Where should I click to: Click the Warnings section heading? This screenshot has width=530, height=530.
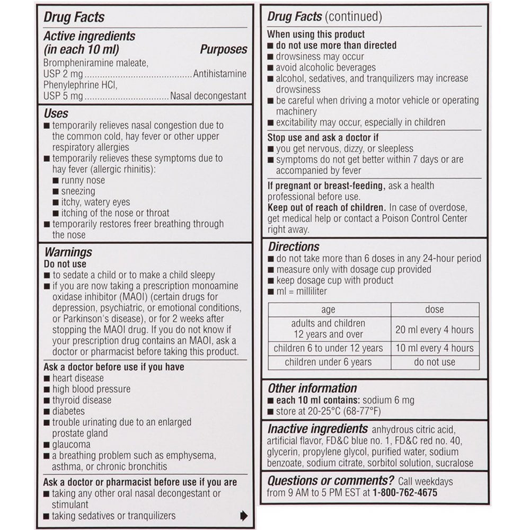[68, 252]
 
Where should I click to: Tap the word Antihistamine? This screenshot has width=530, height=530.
[220, 74]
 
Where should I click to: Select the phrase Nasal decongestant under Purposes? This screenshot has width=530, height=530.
[208, 96]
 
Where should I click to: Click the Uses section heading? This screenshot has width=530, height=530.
[56, 113]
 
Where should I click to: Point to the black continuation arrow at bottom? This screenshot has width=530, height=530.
[244, 515]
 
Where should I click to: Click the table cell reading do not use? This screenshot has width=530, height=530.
[435, 362]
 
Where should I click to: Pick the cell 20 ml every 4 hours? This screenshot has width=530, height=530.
[435, 330]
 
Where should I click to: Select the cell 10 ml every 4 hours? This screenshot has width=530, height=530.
[435, 348]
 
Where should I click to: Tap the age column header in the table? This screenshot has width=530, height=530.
[329, 310]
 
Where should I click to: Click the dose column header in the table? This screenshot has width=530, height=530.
[435, 309]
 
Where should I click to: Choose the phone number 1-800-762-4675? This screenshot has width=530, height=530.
[405, 492]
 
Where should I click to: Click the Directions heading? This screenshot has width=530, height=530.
[294, 247]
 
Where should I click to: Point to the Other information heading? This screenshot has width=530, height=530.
[312, 388]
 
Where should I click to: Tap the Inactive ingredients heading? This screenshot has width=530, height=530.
[317, 429]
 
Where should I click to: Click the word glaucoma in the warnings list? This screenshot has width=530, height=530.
[71, 445]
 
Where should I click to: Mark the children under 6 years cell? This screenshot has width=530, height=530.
[328, 362]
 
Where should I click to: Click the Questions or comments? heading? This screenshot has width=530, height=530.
[330, 481]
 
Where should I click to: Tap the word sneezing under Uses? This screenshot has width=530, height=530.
[78, 191]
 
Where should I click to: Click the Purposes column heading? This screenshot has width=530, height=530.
[223, 49]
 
